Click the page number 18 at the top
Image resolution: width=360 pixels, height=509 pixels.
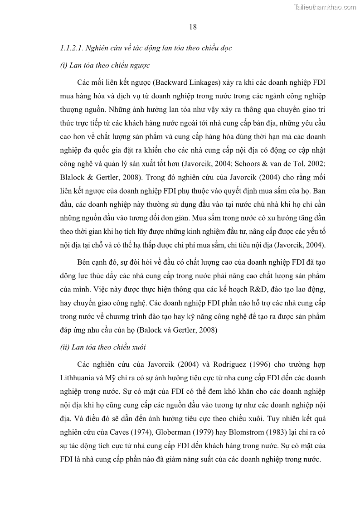(193, 27)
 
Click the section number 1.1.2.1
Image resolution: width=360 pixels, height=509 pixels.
(71, 48)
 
